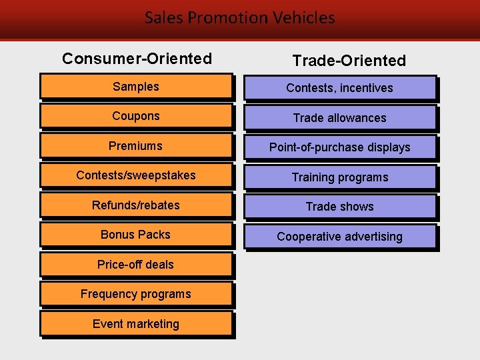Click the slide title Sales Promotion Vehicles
pos(240,17)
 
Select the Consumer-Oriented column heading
pos(137,59)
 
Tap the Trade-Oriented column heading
pos(349,61)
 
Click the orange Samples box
pos(136,87)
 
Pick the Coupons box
pos(136,116)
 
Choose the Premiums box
pos(136,146)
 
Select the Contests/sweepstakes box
pos(136,175)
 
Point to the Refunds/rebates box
pos(136,205)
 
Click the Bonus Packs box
pos(136,235)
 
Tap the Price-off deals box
pos(136,265)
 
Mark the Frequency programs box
pos(136,294)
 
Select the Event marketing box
pos(136,324)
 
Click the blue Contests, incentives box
pos(340,88)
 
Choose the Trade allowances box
pos(340,118)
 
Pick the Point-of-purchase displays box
pos(340,147)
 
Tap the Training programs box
pos(340,177)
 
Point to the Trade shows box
pos(340,207)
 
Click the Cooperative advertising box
pos(340,237)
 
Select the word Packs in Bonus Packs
pos(154,235)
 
